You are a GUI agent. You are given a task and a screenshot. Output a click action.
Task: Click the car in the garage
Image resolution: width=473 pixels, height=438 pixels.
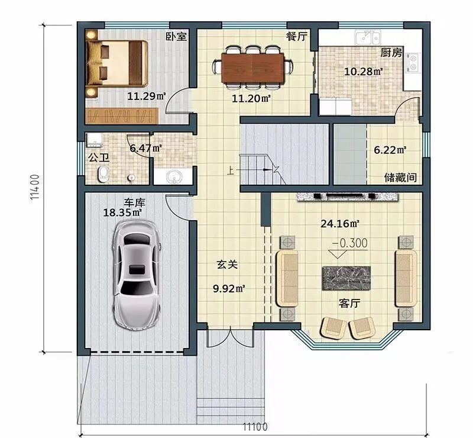(x=136, y=275)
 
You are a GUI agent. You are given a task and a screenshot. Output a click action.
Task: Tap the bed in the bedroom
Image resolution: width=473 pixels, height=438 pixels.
(x=117, y=63)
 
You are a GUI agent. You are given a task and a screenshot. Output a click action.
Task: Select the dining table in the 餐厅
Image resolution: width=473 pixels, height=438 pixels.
(x=253, y=67)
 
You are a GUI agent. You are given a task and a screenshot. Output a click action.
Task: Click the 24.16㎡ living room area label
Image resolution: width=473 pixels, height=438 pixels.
(x=339, y=224)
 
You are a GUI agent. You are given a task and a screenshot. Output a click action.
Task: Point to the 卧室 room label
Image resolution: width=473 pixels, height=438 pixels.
(x=176, y=37)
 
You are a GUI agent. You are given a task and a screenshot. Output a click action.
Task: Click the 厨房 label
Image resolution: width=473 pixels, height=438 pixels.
(x=391, y=53)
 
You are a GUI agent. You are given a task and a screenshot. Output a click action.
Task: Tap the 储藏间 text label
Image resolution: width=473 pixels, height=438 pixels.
(x=401, y=178)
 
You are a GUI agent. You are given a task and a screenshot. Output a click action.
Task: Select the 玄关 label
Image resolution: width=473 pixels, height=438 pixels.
(x=227, y=265)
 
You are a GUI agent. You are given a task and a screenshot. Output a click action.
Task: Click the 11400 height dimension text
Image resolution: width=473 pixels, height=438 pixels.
(x=35, y=186)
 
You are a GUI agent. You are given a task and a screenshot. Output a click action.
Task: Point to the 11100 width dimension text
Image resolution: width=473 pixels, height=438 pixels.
(x=255, y=427)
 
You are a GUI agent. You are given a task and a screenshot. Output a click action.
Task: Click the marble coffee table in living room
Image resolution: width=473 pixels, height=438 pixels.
(x=346, y=278)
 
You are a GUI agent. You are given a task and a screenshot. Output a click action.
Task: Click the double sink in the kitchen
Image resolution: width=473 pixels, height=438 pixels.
(x=367, y=37)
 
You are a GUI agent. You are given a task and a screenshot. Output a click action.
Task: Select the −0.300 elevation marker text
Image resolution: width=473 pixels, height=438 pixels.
(x=349, y=243)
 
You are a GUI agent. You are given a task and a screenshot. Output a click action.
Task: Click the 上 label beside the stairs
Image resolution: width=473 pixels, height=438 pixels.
(x=230, y=170)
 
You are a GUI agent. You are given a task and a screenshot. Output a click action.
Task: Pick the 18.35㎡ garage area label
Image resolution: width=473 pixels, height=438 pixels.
(x=122, y=212)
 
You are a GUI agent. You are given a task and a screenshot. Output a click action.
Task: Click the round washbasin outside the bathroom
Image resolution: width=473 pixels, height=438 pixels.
(x=174, y=176)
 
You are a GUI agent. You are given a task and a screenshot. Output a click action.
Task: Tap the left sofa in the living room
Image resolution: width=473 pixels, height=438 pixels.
(x=287, y=278)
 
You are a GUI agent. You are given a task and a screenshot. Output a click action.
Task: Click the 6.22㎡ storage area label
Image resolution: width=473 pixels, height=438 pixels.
(x=390, y=150)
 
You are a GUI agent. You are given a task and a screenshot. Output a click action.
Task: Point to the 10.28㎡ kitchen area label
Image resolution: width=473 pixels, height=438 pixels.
(x=364, y=72)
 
